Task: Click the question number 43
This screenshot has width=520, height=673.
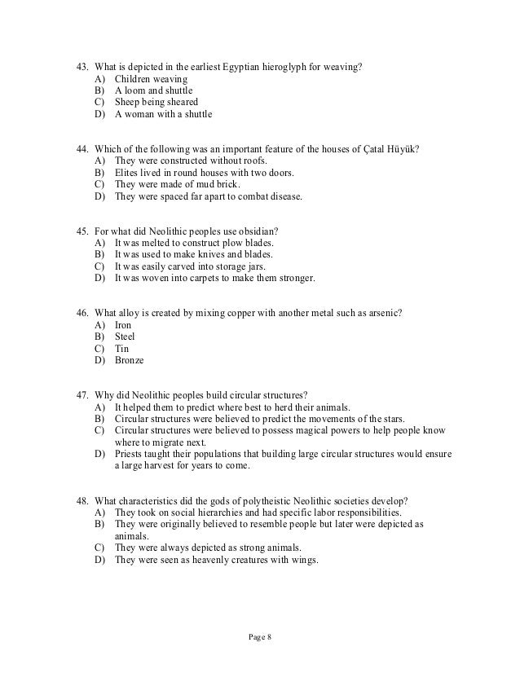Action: (x=82, y=66)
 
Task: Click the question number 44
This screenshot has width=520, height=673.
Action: (x=82, y=149)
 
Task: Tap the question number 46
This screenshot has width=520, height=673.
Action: (x=82, y=314)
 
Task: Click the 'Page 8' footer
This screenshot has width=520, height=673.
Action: (x=260, y=636)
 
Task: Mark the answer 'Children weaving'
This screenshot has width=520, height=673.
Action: (x=151, y=79)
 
